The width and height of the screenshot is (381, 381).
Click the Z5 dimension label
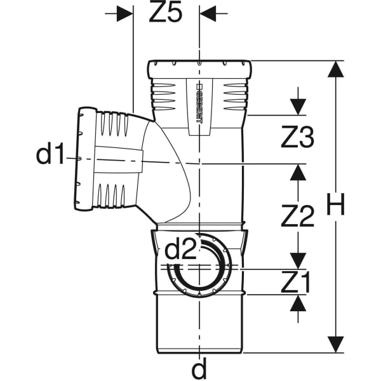tap(166, 11)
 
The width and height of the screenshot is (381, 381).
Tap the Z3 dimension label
tap(297, 137)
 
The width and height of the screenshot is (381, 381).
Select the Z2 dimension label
tap(297, 216)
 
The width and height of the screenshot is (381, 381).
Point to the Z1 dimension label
tap(296, 282)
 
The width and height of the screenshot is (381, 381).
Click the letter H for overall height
tap(336, 204)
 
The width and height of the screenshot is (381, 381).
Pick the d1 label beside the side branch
tap(50, 153)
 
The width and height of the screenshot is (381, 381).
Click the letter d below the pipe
tap(199, 369)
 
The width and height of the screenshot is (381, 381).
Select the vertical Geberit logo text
tap(199, 104)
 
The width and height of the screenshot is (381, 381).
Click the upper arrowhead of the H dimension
tap(336, 69)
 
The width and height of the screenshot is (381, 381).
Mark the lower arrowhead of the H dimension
tap(336, 344)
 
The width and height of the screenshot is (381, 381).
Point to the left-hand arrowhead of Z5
tap(125, 13)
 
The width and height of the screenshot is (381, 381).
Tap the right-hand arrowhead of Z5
tap(208, 13)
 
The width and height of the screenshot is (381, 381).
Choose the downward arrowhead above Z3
tap(298, 107)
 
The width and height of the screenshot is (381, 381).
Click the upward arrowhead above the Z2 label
tap(298, 172)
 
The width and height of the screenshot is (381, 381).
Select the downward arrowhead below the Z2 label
tap(298, 261)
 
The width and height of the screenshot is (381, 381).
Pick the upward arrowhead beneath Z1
tap(298, 303)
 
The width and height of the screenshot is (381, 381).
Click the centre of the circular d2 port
tap(199, 266)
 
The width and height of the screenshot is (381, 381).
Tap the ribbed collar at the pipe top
tap(199, 69)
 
